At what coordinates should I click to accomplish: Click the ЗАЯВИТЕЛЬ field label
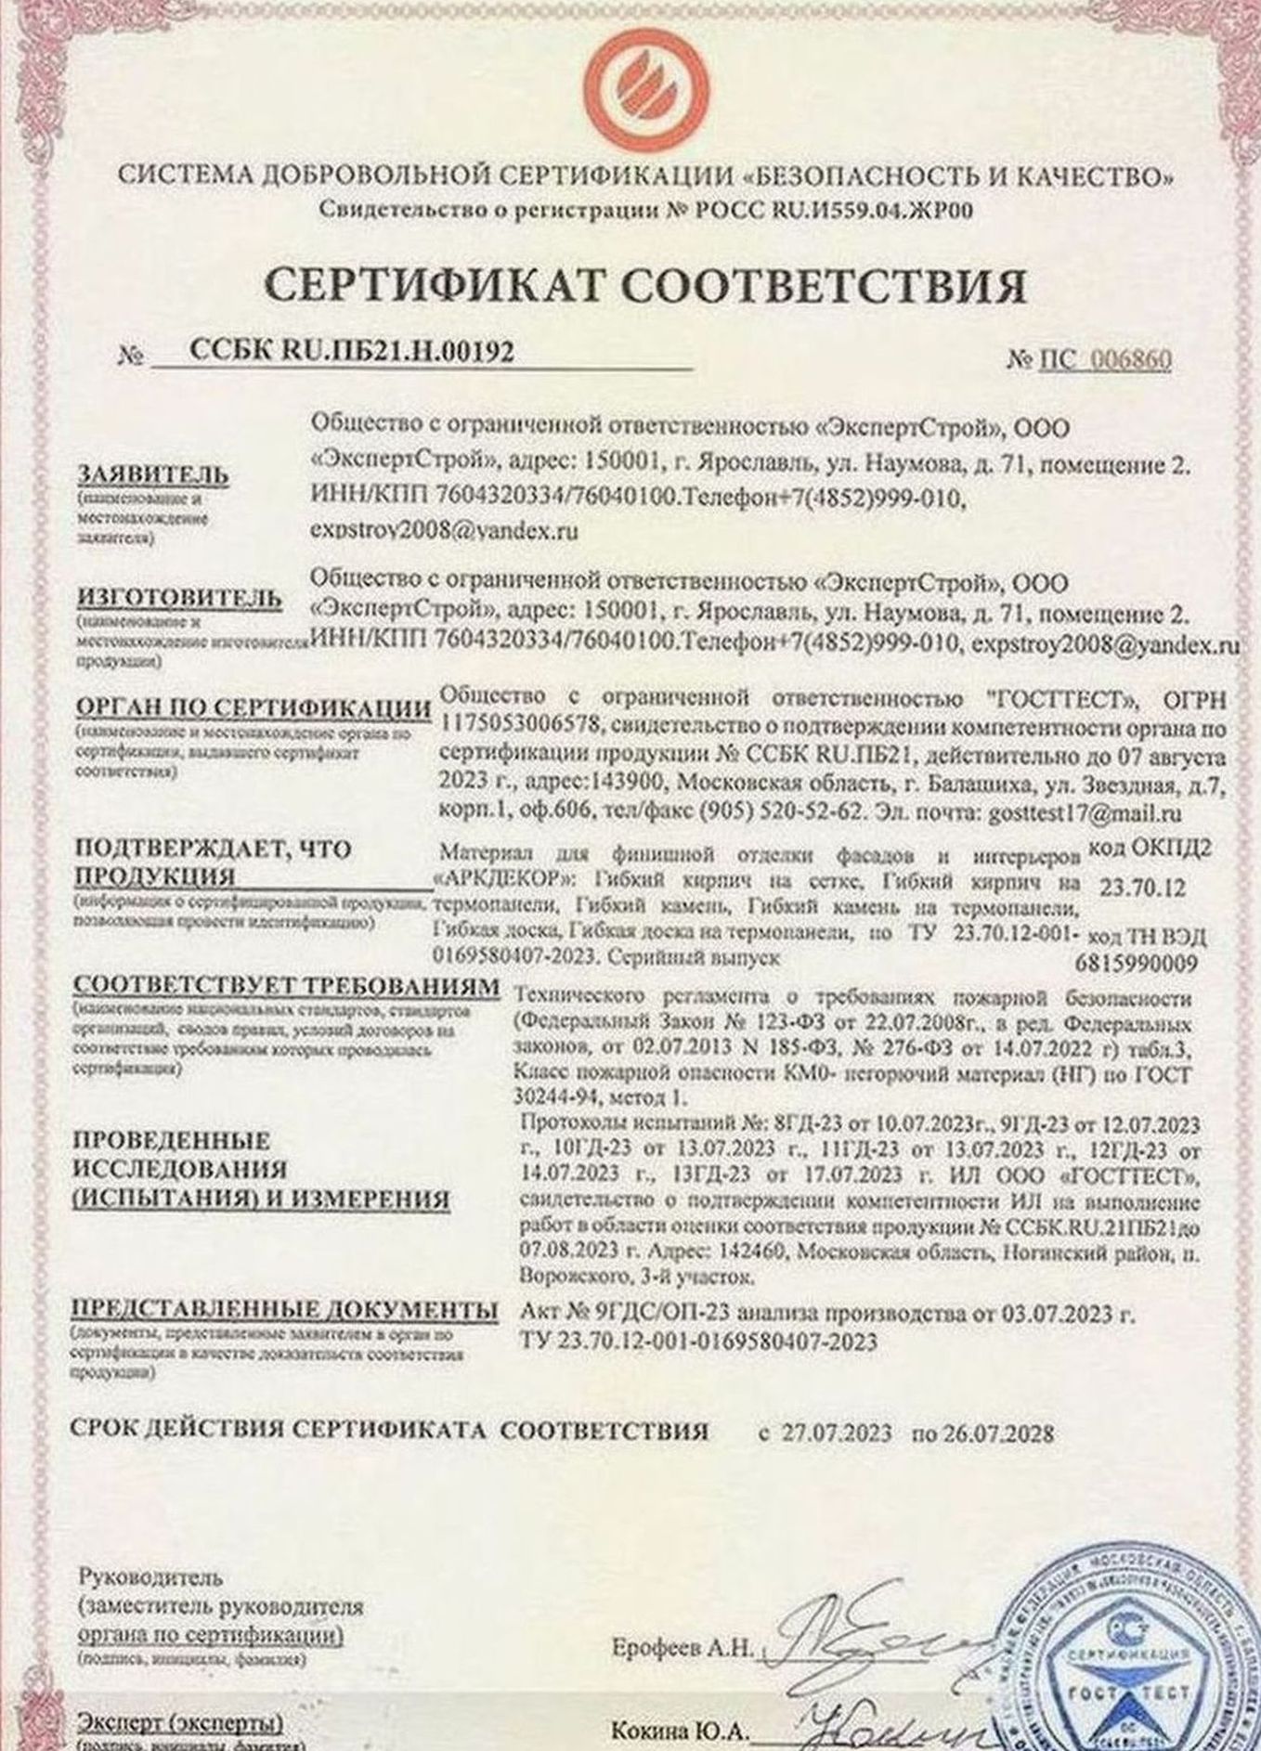(x=152, y=474)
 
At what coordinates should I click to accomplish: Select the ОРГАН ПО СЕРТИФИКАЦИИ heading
(x=253, y=707)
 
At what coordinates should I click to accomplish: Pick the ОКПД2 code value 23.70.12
(x=1142, y=888)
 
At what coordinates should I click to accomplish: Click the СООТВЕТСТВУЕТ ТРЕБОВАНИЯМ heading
(x=286, y=986)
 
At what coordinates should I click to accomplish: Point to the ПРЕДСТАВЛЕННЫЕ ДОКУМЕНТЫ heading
(x=284, y=1310)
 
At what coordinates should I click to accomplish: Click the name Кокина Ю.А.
(x=679, y=1732)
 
